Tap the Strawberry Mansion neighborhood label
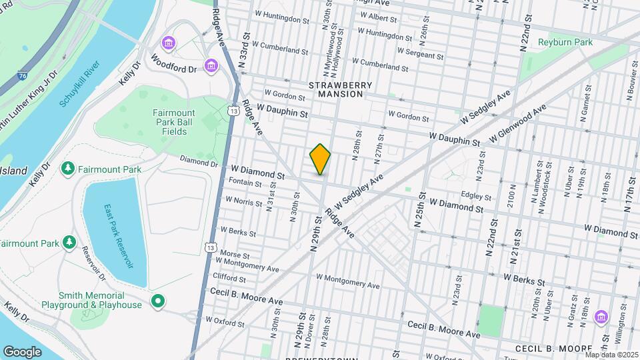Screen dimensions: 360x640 pos(336,90)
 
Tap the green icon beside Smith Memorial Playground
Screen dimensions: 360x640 pos(157,301)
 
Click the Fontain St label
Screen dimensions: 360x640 pos(245,183)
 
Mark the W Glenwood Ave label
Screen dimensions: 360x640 pos(517,122)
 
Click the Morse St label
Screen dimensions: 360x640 pos(234,255)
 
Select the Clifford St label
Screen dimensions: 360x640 pos(229,277)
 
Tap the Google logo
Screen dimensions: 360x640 pos(22,351)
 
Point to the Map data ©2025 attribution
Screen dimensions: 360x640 pos(610,355)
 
